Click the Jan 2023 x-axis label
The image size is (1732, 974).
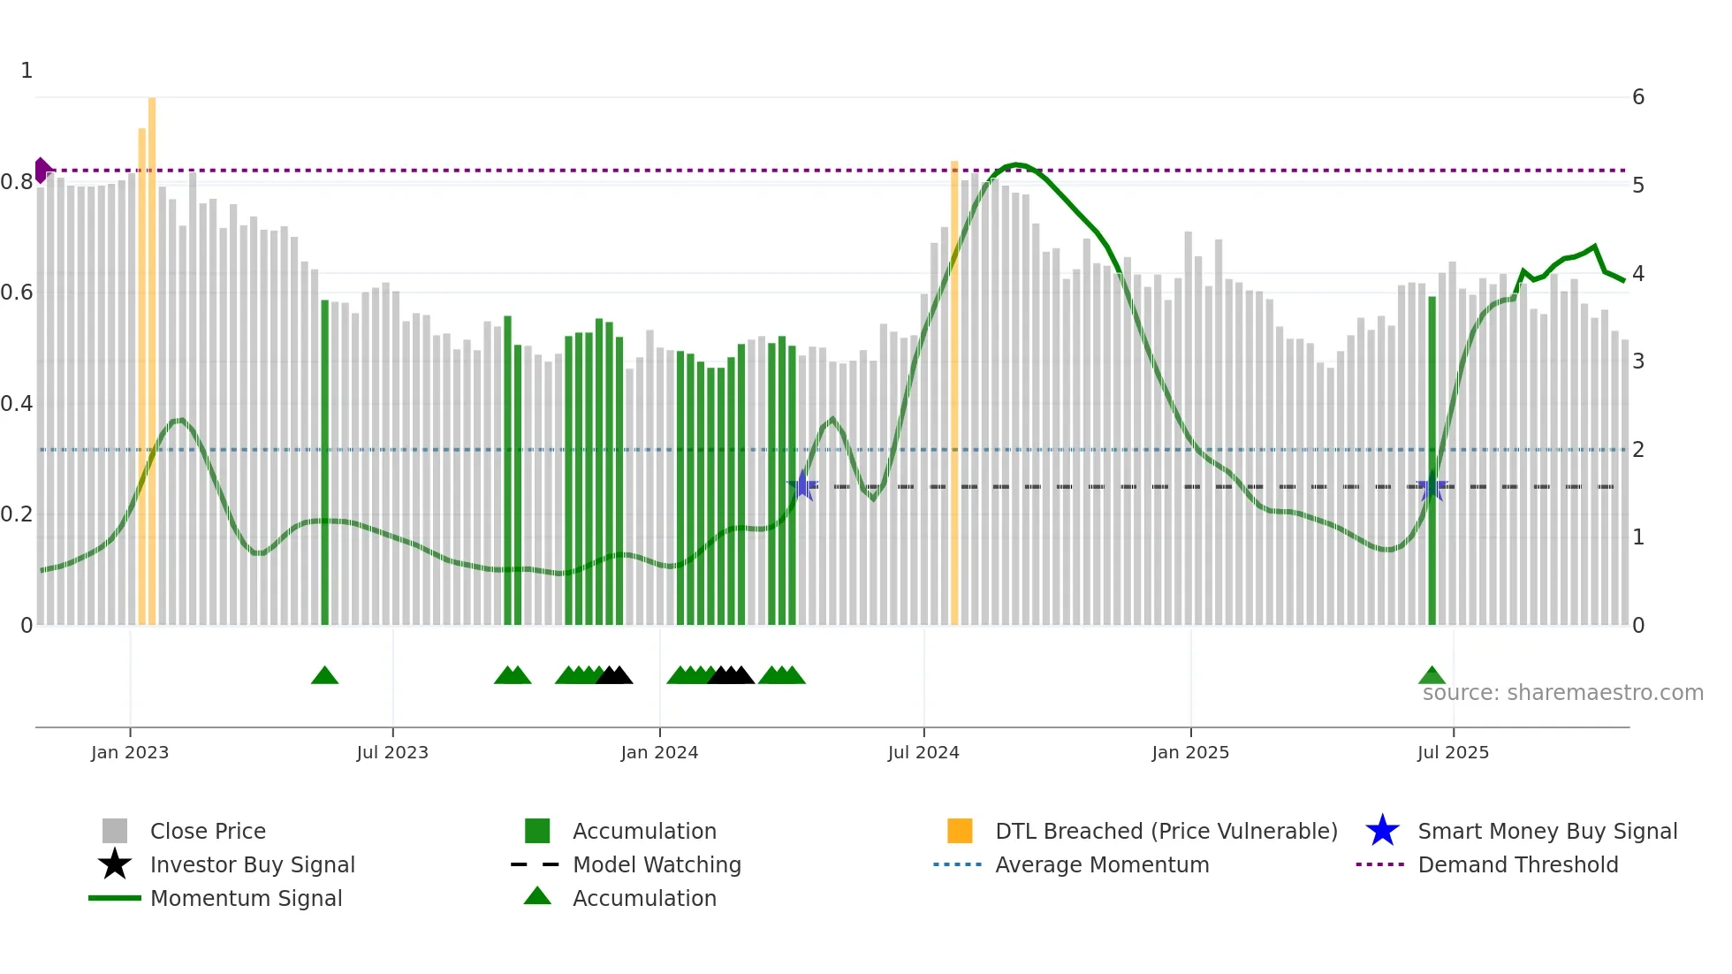click(x=130, y=752)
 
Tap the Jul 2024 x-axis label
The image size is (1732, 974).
click(x=923, y=752)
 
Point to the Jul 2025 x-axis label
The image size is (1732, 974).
click(x=1453, y=752)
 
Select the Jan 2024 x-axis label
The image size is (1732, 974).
click(x=659, y=752)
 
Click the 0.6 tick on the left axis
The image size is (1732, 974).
click(x=17, y=293)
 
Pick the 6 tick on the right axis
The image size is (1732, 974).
click(x=1638, y=97)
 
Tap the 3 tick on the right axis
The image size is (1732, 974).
click(x=1638, y=361)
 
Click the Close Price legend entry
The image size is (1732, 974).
click(x=208, y=831)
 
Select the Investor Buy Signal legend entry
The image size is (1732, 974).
click(x=252, y=864)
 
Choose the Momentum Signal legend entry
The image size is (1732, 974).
click(x=246, y=898)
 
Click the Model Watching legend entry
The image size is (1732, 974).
click(x=657, y=864)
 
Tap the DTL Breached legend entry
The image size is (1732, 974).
click(x=1166, y=831)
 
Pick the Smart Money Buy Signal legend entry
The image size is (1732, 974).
click(x=1547, y=831)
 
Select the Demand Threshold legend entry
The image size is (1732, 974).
click(x=1517, y=864)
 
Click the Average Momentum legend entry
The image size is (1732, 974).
click(x=1102, y=864)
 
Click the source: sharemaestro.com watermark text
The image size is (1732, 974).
click(x=1562, y=693)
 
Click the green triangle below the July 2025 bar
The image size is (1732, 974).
click(x=1432, y=676)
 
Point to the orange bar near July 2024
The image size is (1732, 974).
click(x=954, y=393)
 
